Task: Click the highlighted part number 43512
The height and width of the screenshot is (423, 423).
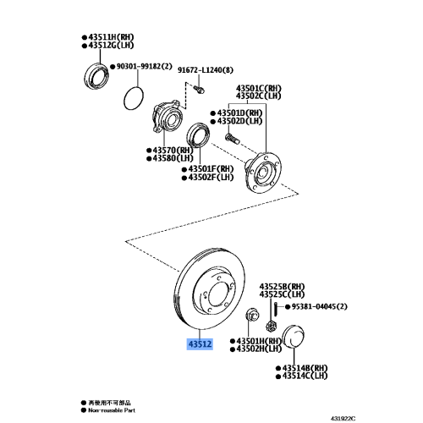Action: point(200,344)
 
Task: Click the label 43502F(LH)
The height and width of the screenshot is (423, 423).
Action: point(211,178)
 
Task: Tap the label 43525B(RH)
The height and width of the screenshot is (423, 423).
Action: point(282,288)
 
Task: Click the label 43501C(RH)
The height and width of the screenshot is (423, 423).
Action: point(259,86)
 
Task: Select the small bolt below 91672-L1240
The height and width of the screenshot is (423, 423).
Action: point(198,88)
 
